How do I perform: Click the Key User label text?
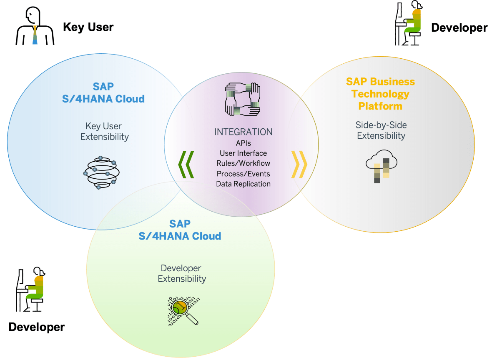click(88, 27)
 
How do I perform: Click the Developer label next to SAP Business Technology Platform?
click(459, 28)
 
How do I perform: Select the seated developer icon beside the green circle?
click(30, 290)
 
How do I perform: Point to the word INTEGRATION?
click(243, 132)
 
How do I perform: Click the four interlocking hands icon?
click(243, 99)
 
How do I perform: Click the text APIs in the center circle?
click(243, 143)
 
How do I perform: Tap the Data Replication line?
click(243, 184)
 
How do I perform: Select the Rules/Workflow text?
click(243, 163)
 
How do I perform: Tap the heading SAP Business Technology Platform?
click(381, 94)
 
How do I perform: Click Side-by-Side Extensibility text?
click(381, 130)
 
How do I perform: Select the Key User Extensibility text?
click(104, 131)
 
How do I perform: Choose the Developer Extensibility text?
click(181, 273)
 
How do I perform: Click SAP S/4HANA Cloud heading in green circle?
click(180, 230)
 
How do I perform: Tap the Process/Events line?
click(243, 174)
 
